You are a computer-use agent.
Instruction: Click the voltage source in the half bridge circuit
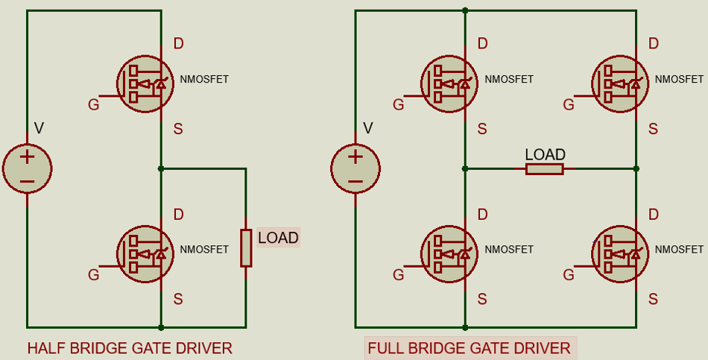pos(27,168)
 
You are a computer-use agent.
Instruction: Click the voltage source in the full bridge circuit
pos(355,168)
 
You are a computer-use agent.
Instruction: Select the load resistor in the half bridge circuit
pos(245,248)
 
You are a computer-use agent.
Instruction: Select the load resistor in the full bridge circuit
pos(544,169)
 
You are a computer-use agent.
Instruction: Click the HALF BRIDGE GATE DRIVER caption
pos(130,348)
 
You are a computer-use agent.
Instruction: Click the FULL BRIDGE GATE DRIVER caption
pos(470,348)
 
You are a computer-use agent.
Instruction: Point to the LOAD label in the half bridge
pos(278,239)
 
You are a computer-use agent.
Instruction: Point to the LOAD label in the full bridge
pos(545,154)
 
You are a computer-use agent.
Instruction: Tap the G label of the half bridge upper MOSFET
pos(93,105)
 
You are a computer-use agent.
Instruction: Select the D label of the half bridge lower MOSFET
pos(178,215)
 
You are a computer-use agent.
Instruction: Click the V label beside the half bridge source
pos(39,129)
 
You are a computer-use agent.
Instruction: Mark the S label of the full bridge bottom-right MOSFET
pos(653,300)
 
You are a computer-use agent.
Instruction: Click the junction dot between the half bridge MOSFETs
pos(161,169)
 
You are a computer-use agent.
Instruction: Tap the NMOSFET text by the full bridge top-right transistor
pos(679,79)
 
